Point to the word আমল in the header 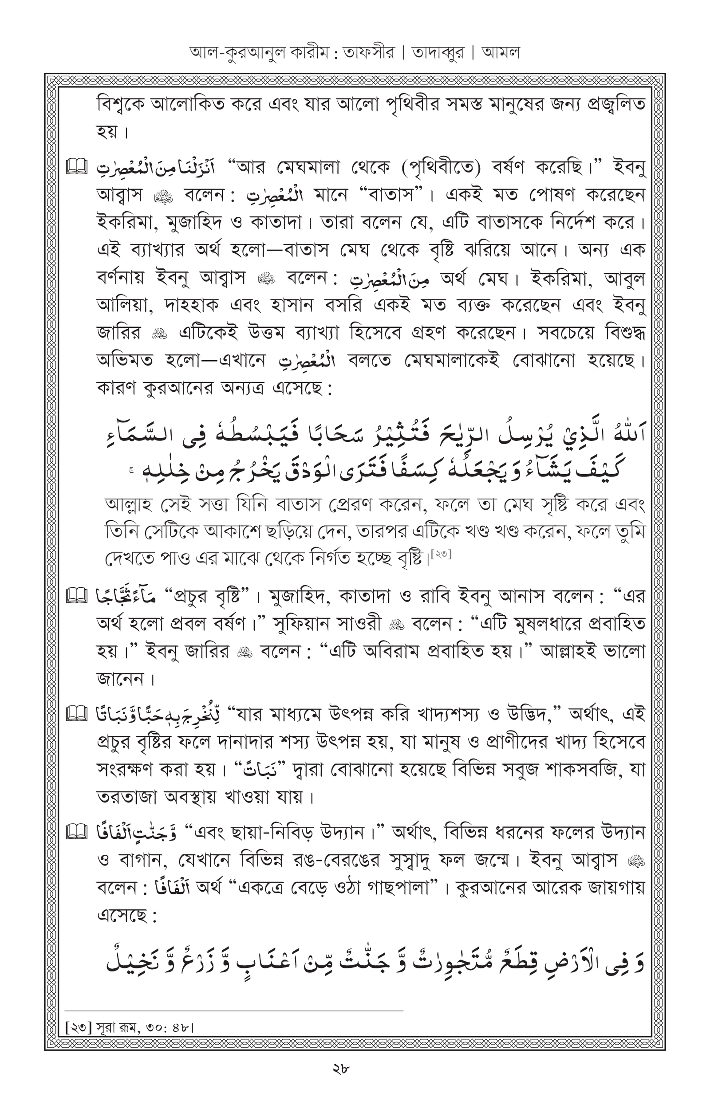click(x=501, y=52)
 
